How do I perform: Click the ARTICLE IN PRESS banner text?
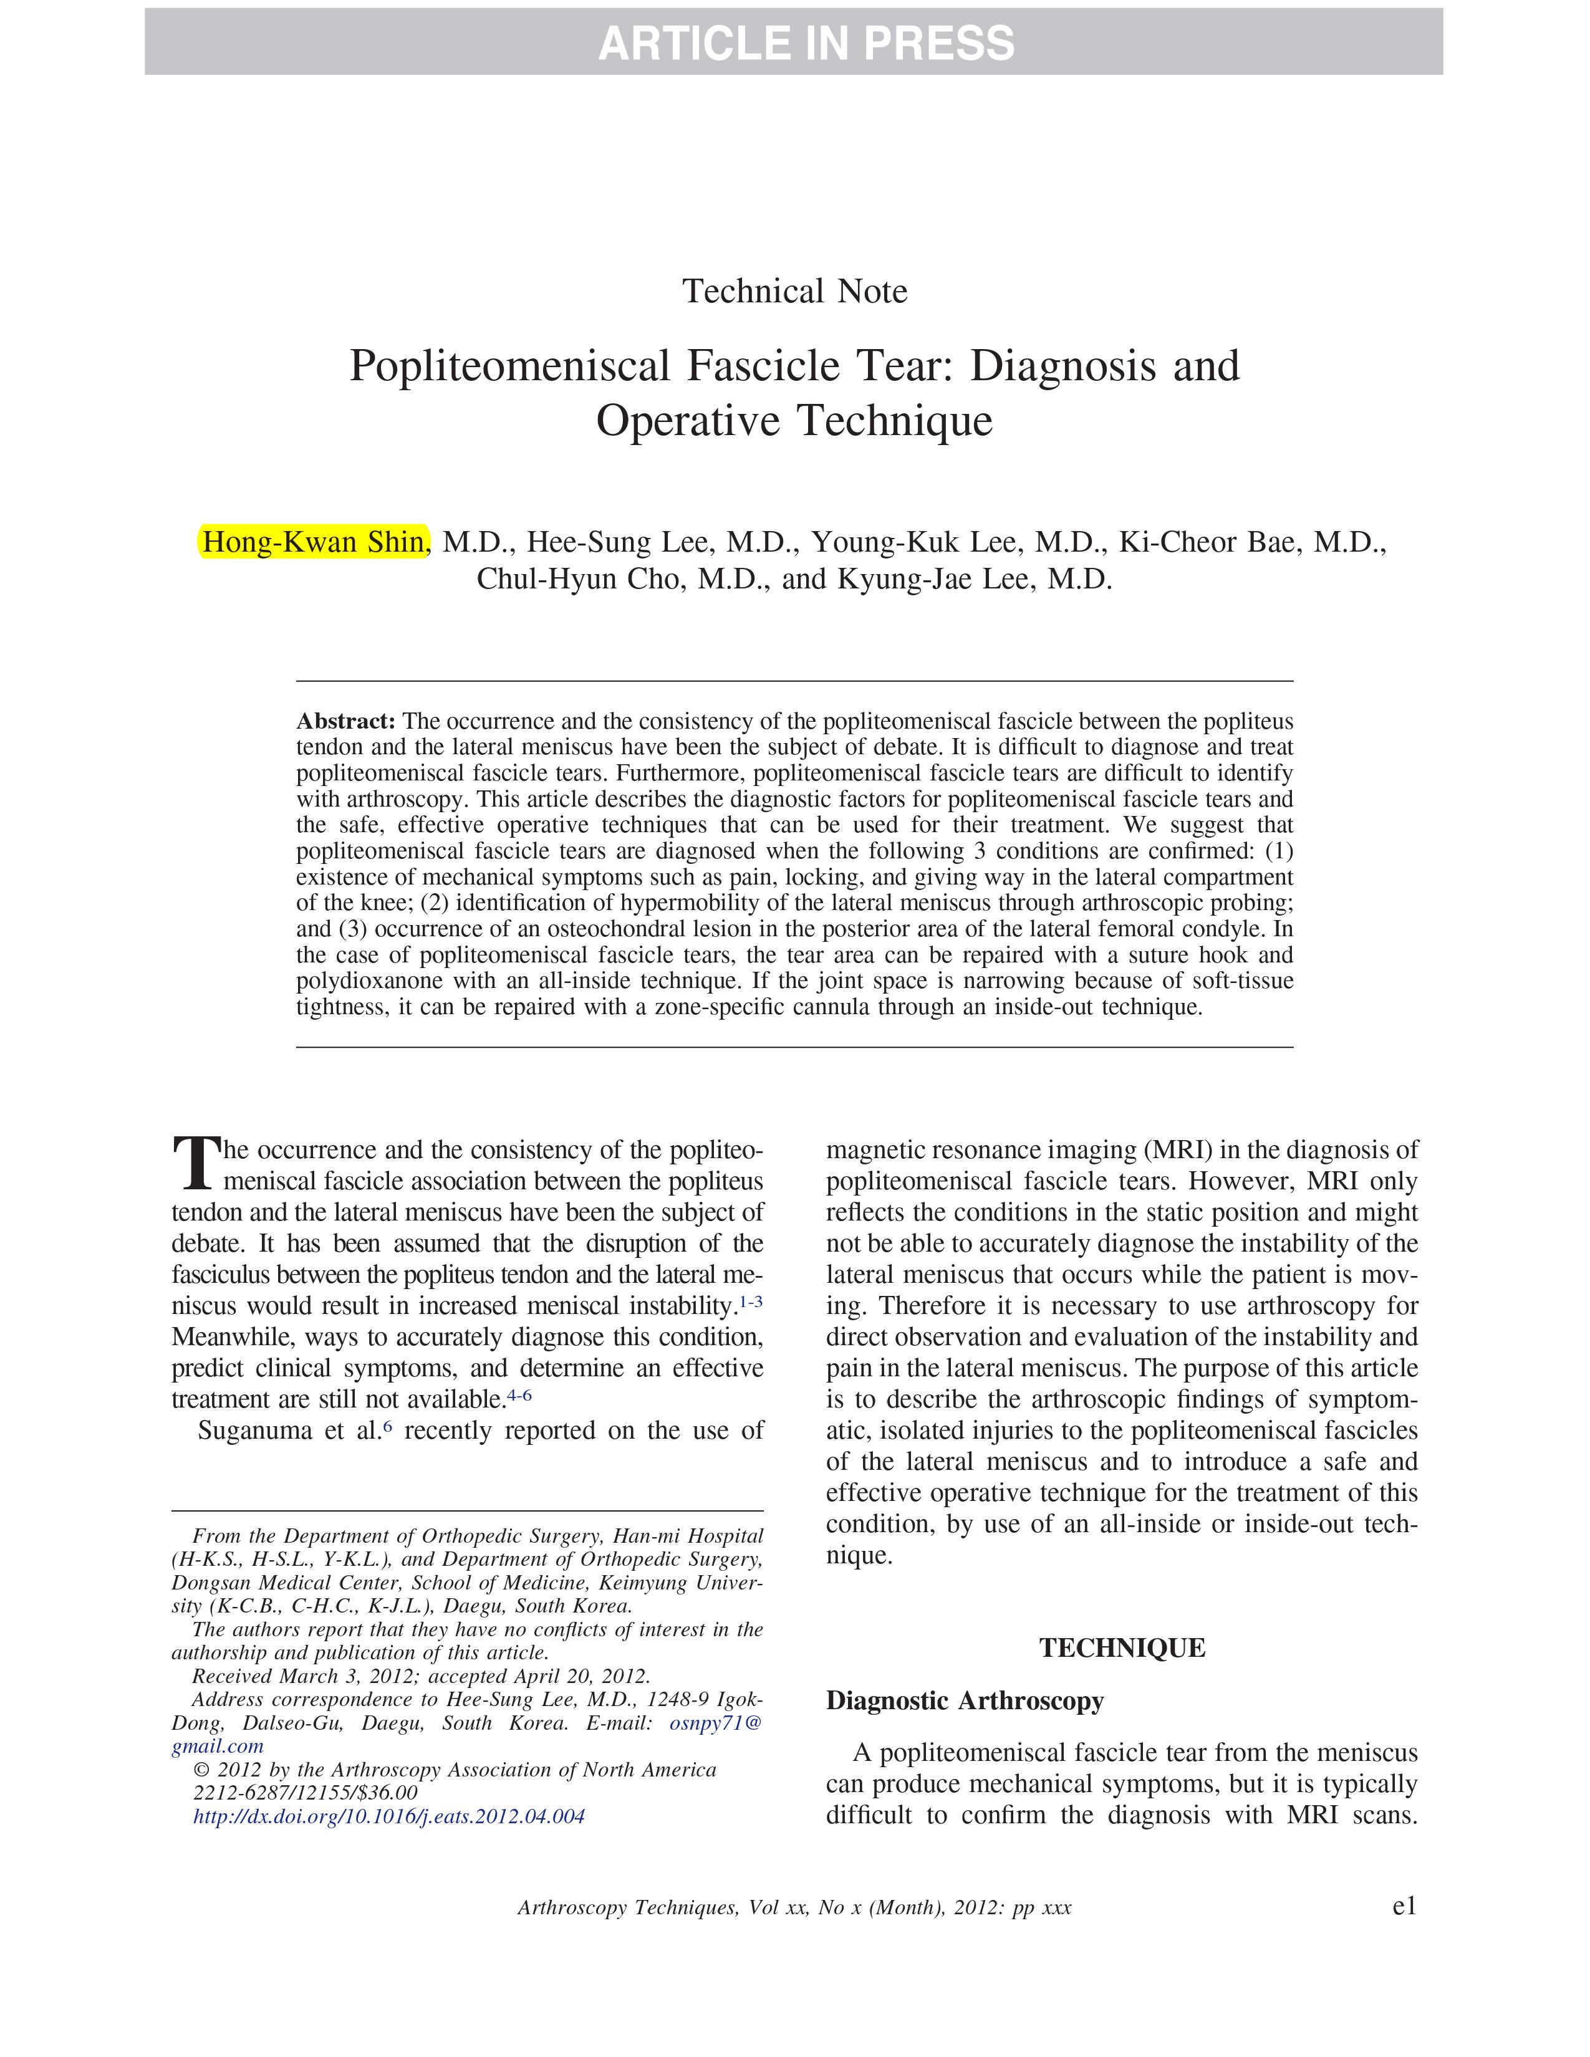click(x=806, y=44)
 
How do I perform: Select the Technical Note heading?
click(x=794, y=291)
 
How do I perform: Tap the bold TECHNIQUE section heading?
click(x=1122, y=1648)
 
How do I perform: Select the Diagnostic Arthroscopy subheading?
click(x=965, y=1701)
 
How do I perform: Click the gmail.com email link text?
click(x=218, y=1746)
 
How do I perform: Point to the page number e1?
click(x=1404, y=1906)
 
